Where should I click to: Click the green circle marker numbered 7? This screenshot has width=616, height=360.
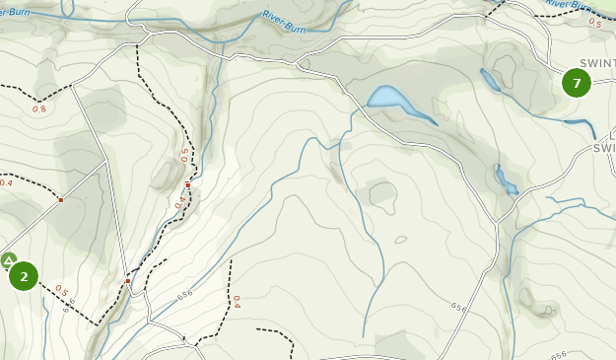point(577,83)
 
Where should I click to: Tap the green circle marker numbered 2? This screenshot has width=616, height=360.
point(24,276)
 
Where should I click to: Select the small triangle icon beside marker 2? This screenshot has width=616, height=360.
point(8,260)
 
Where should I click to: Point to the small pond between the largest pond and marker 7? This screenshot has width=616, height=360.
point(489,79)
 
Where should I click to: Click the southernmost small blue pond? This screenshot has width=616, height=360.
point(507,180)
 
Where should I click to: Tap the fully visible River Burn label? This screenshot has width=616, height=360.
point(286,19)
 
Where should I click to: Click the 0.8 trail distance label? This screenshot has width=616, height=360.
point(39,108)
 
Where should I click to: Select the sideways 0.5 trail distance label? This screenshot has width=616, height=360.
point(183,155)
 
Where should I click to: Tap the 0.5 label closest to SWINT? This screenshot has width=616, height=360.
point(595,22)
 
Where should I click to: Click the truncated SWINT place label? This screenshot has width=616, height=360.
point(597,62)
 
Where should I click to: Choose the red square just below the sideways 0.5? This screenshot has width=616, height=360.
point(187,183)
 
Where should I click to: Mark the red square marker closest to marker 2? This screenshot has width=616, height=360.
point(60,200)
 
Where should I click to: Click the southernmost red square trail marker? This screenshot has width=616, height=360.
point(127,281)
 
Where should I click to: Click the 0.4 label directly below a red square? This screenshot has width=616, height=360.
point(180,204)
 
